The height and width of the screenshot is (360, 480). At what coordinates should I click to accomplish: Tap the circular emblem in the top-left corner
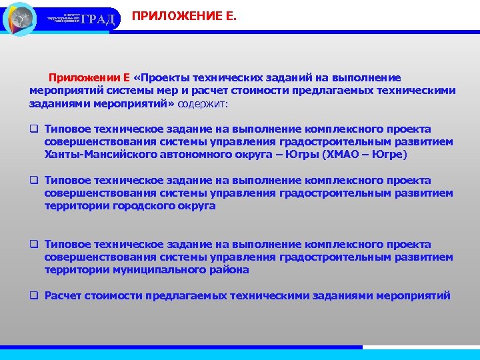pos(20,19)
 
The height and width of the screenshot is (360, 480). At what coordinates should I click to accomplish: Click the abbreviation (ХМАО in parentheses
pos(341,155)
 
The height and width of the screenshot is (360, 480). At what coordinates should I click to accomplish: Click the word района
pos(229,270)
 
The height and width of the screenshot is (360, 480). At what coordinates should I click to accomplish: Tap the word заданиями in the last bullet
pos(343,295)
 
